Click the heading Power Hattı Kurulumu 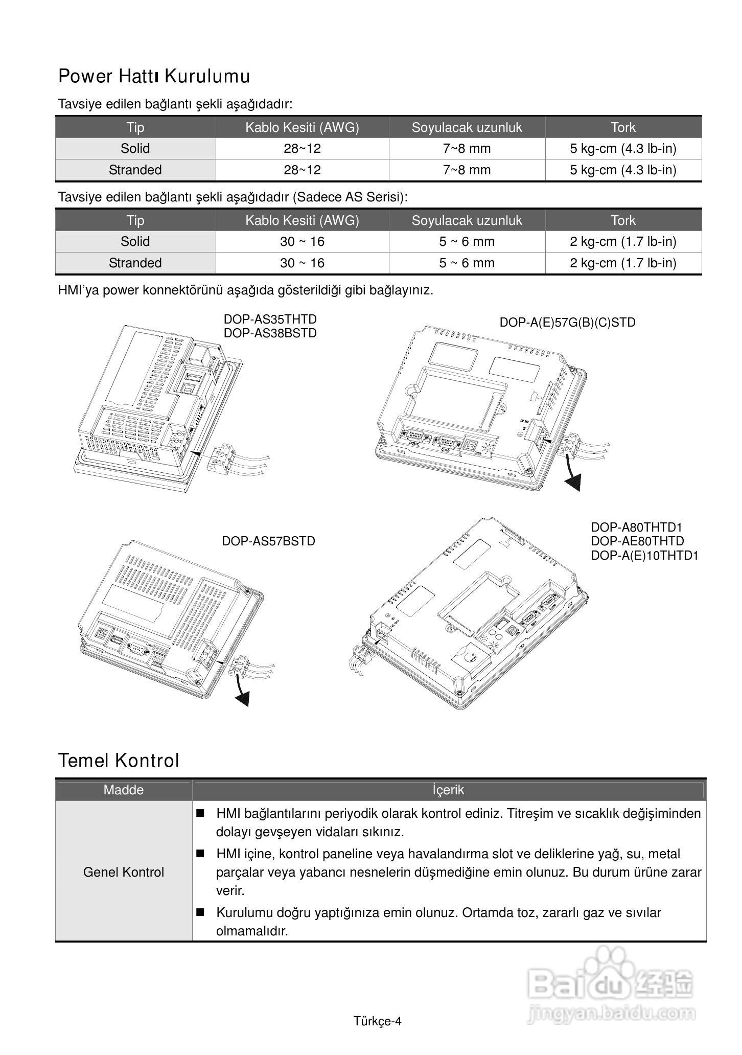click(x=154, y=76)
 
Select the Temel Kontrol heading click(x=119, y=761)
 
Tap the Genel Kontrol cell click(x=124, y=871)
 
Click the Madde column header click(x=124, y=790)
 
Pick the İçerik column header click(x=448, y=790)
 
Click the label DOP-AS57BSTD click(x=268, y=541)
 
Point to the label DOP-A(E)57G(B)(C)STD click(x=567, y=323)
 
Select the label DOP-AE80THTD click(x=637, y=541)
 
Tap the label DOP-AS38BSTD click(x=270, y=333)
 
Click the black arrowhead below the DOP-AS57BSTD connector click(x=243, y=699)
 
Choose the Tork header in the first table click(x=623, y=127)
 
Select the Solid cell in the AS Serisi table click(x=135, y=241)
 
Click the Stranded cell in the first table click(x=135, y=170)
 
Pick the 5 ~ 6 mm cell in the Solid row click(x=467, y=241)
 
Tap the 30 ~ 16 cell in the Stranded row click(x=302, y=263)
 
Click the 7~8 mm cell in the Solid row click(x=467, y=149)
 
